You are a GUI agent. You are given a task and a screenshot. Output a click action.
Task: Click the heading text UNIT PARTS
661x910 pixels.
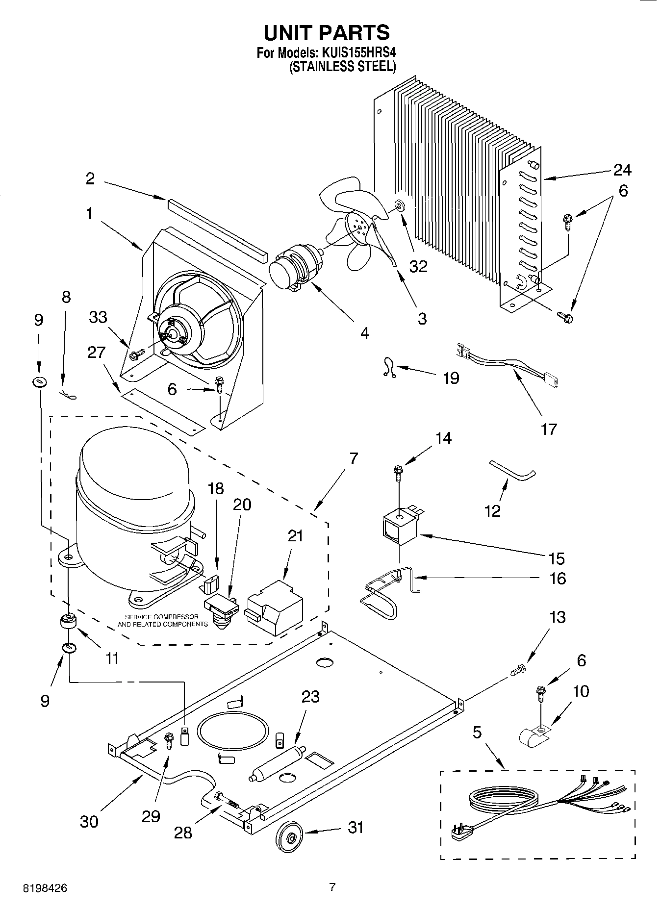(x=327, y=32)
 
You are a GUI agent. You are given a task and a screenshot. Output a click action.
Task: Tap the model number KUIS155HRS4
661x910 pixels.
(x=358, y=52)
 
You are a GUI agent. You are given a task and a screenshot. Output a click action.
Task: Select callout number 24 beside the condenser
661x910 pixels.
(x=622, y=170)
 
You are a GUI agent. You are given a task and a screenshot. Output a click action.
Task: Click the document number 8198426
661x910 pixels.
(x=45, y=888)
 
